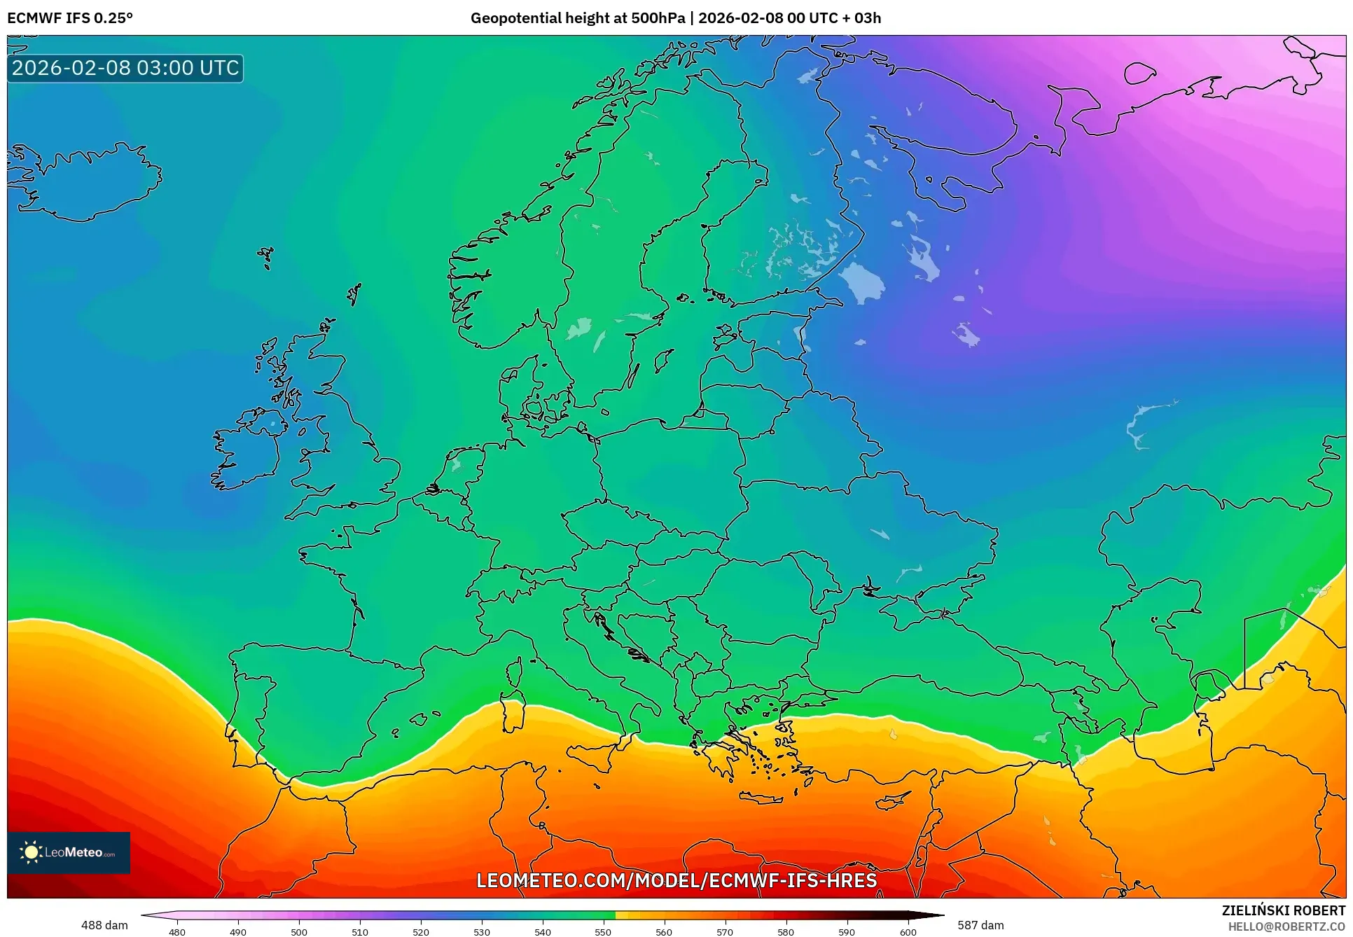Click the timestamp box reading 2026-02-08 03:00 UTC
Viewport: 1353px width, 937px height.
(x=125, y=68)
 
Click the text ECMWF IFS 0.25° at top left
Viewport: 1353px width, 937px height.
(x=70, y=18)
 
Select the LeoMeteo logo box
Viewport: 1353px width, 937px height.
(x=69, y=852)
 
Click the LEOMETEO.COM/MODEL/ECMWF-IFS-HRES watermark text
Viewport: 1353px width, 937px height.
(x=676, y=880)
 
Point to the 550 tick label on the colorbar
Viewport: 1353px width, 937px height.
(x=603, y=932)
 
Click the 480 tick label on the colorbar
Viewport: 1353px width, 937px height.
(x=177, y=932)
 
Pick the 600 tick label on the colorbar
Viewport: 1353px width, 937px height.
(x=908, y=932)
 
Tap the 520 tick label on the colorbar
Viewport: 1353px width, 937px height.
(x=420, y=932)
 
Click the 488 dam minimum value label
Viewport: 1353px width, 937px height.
(x=104, y=925)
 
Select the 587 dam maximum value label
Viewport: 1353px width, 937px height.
(x=980, y=925)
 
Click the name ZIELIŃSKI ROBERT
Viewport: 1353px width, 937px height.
(x=1283, y=910)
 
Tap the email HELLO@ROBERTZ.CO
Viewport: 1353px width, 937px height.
(x=1286, y=926)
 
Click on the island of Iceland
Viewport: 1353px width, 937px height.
(x=84, y=182)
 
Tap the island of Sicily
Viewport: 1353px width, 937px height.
(x=595, y=756)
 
